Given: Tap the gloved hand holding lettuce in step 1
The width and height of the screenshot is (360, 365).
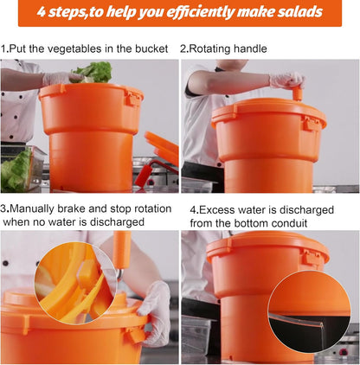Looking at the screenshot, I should coord(62,78).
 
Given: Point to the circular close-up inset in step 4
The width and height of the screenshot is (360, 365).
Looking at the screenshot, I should coord(309,311).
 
